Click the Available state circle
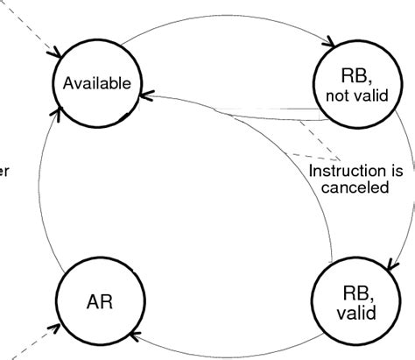(x=96, y=83)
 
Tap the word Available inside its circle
(x=96, y=84)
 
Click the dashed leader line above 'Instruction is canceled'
(x=302, y=140)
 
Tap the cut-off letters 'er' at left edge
(x=4, y=170)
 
